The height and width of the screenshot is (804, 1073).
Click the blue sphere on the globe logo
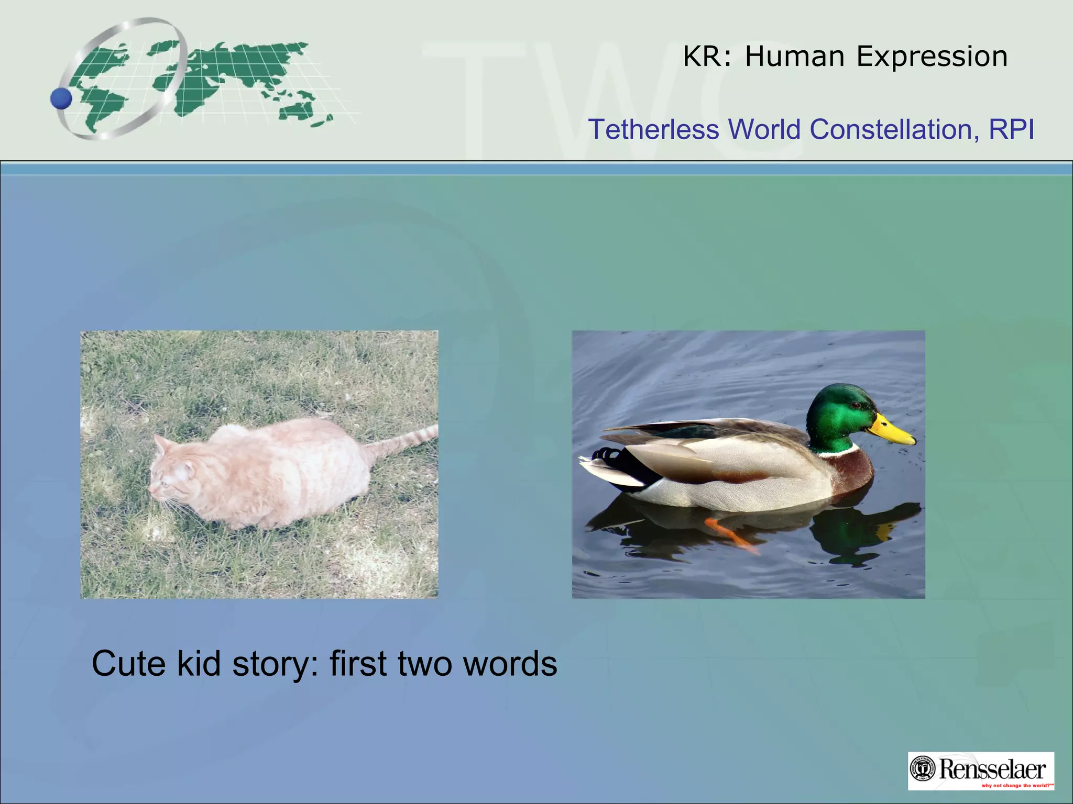[x=61, y=98]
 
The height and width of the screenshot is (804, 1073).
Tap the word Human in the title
[x=795, y=57]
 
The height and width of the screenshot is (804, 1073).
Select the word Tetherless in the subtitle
[x=653, y=129]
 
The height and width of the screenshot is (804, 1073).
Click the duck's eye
[x=855, y=406]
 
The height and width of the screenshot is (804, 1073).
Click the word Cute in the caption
[x=129, y=664]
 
